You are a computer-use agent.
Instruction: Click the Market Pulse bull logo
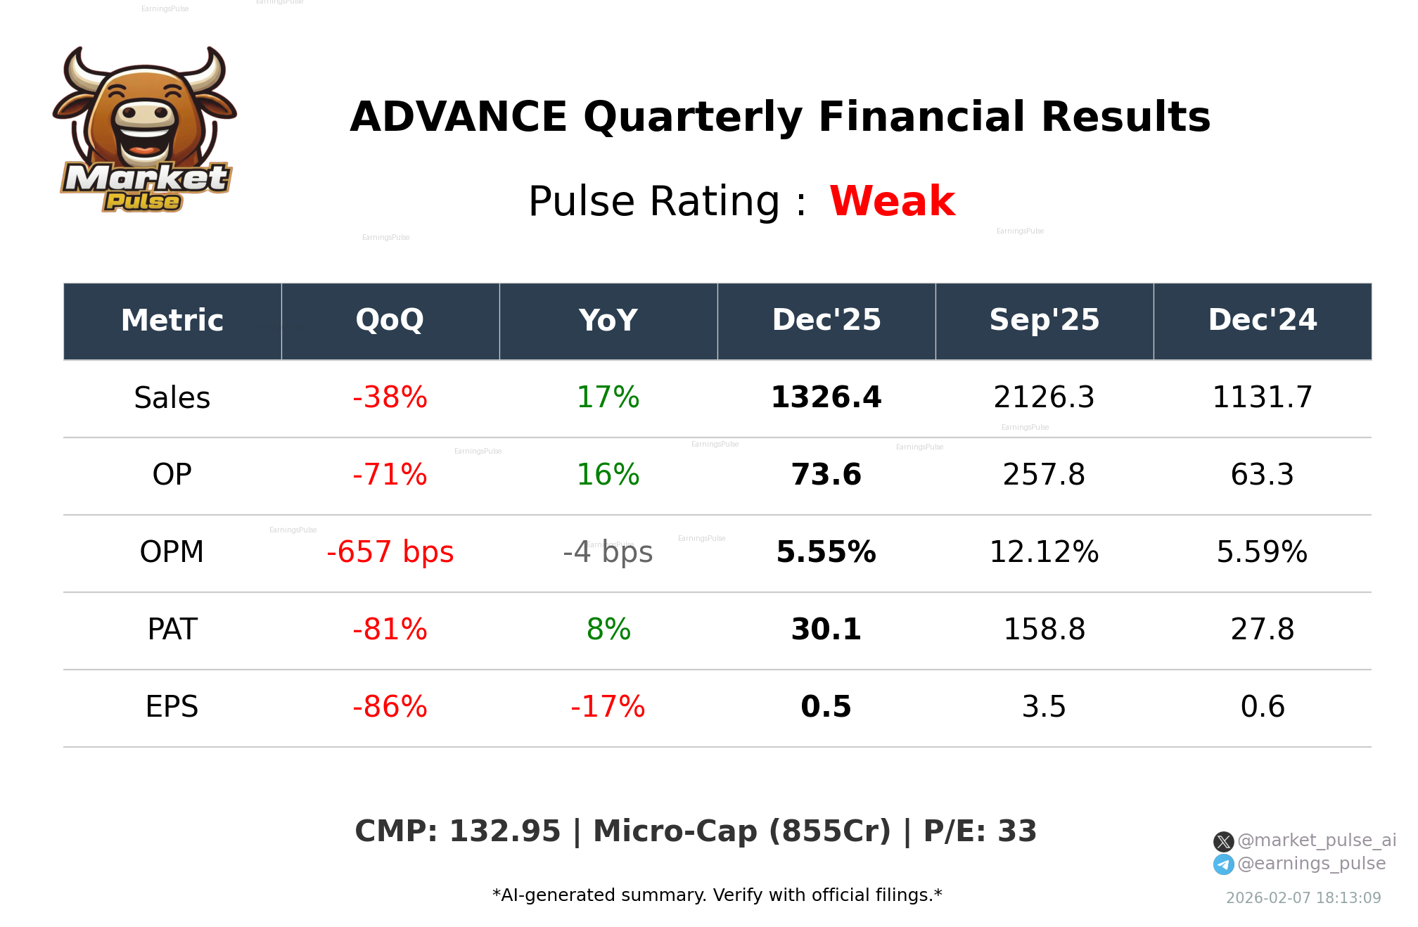coord(144,130)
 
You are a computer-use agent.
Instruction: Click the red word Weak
coord(892,201)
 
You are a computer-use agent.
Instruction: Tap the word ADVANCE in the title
coord(459,117)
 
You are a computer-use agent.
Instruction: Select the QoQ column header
coord(390,321)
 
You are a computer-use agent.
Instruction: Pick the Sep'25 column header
coord(1044,321)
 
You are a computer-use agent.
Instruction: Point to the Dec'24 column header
coord(1262,321)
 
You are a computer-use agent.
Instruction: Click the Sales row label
coord(172,398)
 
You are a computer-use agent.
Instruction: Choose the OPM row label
coord(172,552)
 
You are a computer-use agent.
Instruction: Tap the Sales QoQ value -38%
coord(390,398)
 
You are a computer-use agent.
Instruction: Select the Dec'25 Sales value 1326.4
coord(826,398)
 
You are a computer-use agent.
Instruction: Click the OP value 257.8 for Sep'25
coord(1044,475)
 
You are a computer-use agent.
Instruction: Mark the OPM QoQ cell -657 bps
coord(390,552)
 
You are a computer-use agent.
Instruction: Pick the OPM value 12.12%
coord(1044,552)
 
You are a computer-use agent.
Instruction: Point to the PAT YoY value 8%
coord(608,629)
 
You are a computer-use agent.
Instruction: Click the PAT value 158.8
coord(1044,629)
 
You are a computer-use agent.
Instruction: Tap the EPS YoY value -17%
coord(608,707)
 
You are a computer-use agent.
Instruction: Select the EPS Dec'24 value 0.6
coord(1262,707)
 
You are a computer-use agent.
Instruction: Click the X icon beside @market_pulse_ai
coord(1223,841)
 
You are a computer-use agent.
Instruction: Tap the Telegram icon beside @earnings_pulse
coord(1223,864)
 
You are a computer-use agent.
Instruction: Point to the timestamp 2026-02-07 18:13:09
coord(1303,898)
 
